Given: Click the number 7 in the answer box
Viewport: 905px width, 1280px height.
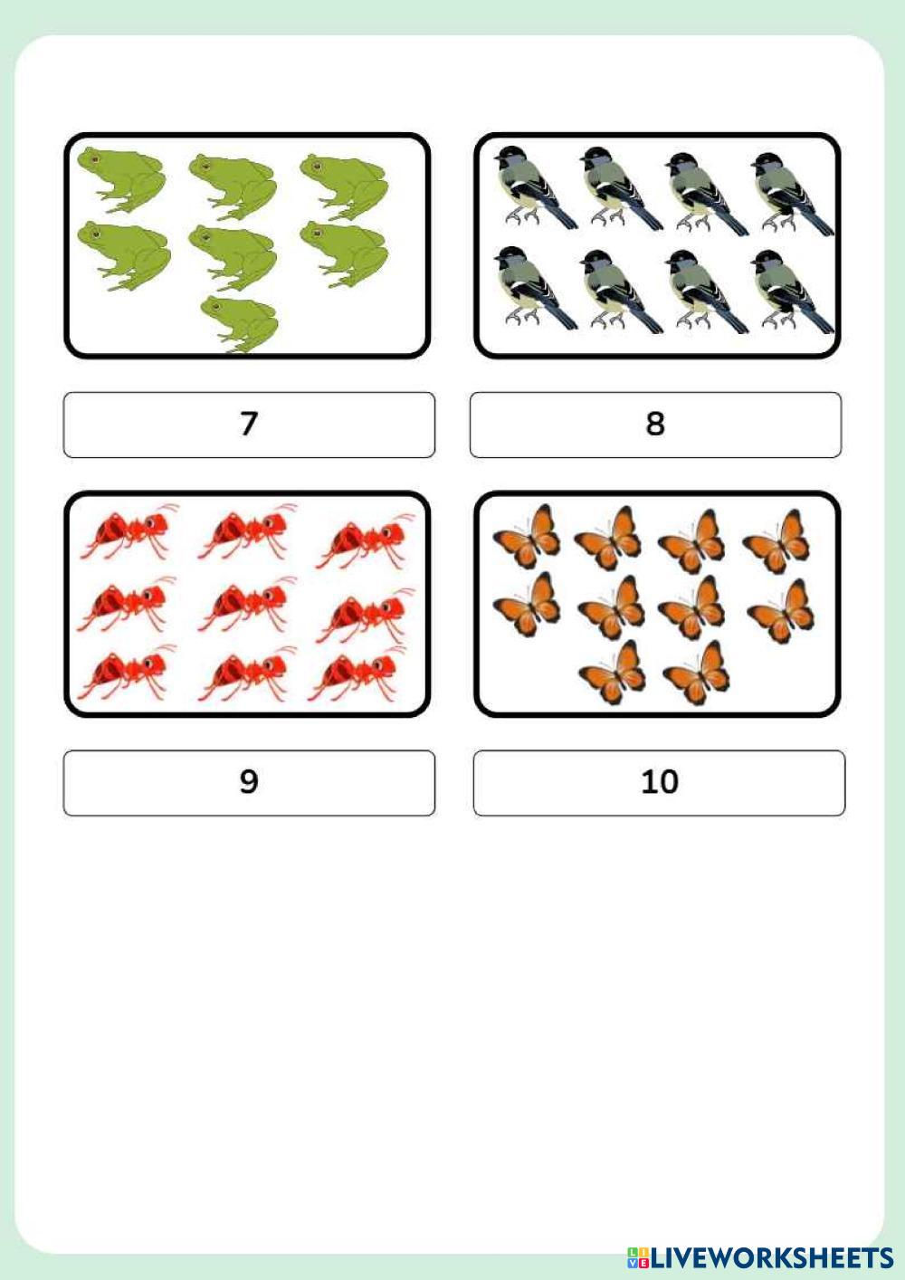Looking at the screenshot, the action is [249, 424].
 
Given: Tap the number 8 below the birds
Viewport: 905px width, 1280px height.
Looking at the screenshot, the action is [654, 424].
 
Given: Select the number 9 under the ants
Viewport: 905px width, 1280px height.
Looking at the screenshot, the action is [249, 782].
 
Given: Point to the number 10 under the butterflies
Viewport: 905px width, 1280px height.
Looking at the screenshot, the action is [660, 782].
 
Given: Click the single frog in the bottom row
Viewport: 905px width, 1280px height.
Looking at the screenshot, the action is [239, 324].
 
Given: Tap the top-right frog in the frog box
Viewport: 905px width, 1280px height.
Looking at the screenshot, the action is [344, 186].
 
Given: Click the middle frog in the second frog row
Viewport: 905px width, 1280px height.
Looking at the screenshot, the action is [233, 257].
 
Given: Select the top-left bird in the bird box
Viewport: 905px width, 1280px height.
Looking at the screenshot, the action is [536, 186].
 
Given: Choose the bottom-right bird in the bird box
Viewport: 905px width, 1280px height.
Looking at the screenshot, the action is [793, 291].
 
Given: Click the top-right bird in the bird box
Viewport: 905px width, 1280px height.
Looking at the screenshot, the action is [793, 193].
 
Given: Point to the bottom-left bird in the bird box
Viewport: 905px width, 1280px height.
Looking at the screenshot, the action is [536, 288].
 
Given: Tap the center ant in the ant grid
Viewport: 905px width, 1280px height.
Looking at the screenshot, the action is [247, 607].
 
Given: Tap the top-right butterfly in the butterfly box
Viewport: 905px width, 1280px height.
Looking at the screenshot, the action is [776, 541].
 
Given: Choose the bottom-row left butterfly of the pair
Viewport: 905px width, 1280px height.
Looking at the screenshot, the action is [613, 672].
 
